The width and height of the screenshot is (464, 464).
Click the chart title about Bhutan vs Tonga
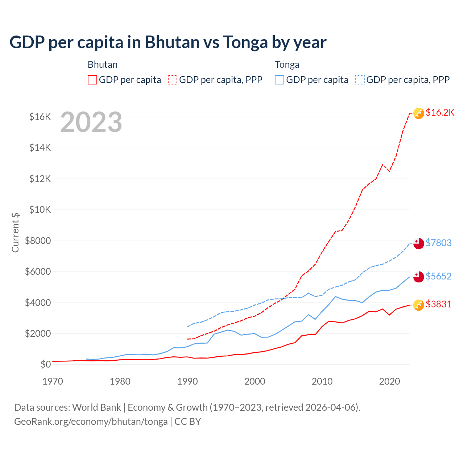coord(168,42)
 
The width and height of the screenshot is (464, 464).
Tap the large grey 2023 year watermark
coord(91,123)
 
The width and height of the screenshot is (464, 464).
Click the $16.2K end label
coord(440,112)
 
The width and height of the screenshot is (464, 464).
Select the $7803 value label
coord(438,243)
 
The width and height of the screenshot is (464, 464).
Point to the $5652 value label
coord(438,276)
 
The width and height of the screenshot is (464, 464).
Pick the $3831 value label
coord(438,304)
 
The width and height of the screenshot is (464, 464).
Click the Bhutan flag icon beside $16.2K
coord(419,113)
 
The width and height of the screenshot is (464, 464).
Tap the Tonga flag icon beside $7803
coord(419,244)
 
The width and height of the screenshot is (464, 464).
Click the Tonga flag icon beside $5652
coord(419,277)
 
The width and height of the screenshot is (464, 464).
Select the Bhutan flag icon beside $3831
coord(419,305)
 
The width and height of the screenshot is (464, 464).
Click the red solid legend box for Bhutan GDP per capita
coord(92,80)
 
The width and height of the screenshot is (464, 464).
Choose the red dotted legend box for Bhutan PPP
coord(173,80)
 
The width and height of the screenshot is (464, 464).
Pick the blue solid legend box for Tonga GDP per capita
coord(279,80)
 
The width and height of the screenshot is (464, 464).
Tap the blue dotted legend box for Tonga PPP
coord(360,80)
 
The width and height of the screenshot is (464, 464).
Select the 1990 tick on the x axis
coord(187,381)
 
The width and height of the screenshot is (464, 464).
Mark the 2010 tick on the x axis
coord(322,381)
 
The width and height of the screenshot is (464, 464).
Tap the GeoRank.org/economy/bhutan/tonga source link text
coord(91,422)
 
